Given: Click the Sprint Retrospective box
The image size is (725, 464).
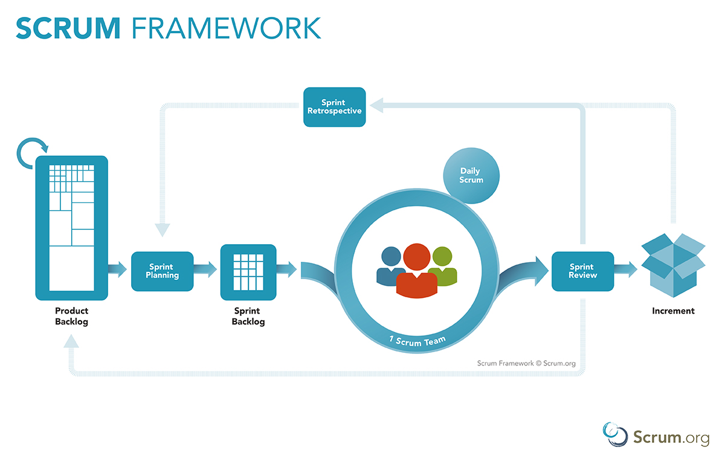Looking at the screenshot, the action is (334, 107).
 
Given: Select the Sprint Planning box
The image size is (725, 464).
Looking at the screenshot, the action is (162, 271).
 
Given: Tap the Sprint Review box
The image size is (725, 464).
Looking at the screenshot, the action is (582, 271).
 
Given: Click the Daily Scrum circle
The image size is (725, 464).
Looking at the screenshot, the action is (471, 176).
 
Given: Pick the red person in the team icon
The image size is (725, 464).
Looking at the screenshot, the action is (416, 271).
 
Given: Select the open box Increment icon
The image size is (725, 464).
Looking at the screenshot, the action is (673, 265).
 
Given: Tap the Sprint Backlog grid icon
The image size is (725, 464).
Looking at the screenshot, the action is (248, 272).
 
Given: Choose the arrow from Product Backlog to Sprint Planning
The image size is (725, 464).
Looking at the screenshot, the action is (117, 269).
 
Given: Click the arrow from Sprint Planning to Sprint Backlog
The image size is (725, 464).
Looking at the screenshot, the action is (205, 269).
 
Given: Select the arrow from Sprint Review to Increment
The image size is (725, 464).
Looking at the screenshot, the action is (625, 269).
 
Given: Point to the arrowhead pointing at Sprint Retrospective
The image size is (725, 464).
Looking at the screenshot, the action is (376, 105).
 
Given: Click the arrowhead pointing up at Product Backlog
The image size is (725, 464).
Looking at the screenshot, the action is (71, 341).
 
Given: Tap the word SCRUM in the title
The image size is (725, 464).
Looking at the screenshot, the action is (68, 28).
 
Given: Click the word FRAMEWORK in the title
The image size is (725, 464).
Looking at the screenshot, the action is (226, 28).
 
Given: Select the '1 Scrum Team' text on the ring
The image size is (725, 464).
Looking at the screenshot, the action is (417, 341).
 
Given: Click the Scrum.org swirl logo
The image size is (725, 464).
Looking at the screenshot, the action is (615, 434).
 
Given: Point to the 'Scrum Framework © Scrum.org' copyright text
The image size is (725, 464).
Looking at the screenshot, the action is (526, 363).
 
